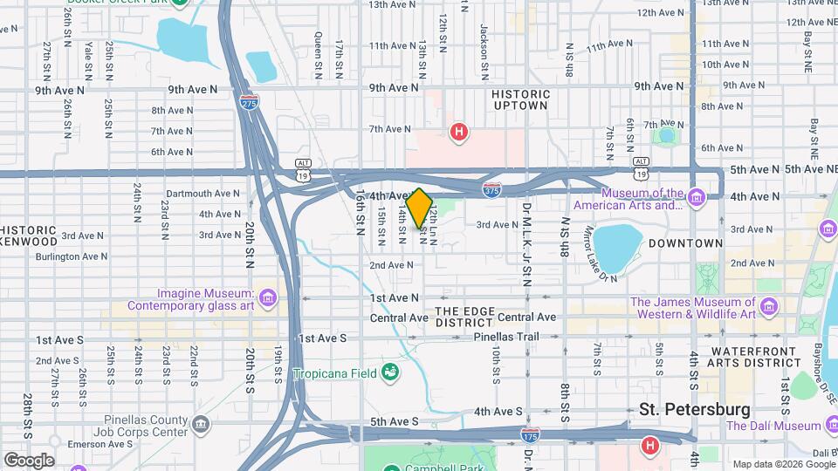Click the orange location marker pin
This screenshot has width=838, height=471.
pyautogui.click(x=419, y=208)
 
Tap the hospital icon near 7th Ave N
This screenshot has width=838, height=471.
pyautogui.click(x=457, y=132)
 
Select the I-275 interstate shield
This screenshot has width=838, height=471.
pyautogui.click(x=249, y=100)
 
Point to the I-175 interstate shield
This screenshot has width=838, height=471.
pyautogui.click(x=530, y=433)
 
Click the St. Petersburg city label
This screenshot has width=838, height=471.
pyautogui.click(x=694, y=409)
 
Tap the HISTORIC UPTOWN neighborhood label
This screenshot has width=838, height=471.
pyautogui.click(x=520, y=99)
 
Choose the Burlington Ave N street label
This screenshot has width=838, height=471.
pyautogui.click(x=72, y=256)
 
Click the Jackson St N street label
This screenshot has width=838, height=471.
pyautogui.click(x=483, y=41)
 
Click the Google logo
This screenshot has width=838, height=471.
pyautogui.click(x=29, y=460)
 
